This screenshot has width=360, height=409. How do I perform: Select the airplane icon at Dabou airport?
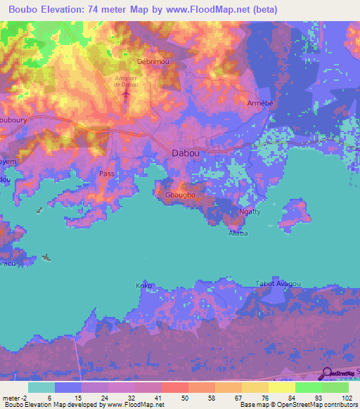[x=127, y=93]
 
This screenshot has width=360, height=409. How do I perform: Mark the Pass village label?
[x=106, y=173]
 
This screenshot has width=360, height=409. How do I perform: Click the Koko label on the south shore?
[x=143, y=286]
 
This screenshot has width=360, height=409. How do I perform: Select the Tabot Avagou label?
[x=277, y=284]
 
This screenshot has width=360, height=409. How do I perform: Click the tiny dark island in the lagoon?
[x=47, y=257]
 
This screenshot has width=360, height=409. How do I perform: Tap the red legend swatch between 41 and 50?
[x=174, y=387]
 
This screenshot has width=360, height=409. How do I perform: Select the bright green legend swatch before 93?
[x=308, y=387]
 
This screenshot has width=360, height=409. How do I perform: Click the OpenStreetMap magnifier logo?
[x=326, y=374]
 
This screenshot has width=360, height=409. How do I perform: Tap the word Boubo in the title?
[x=20, y=10]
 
